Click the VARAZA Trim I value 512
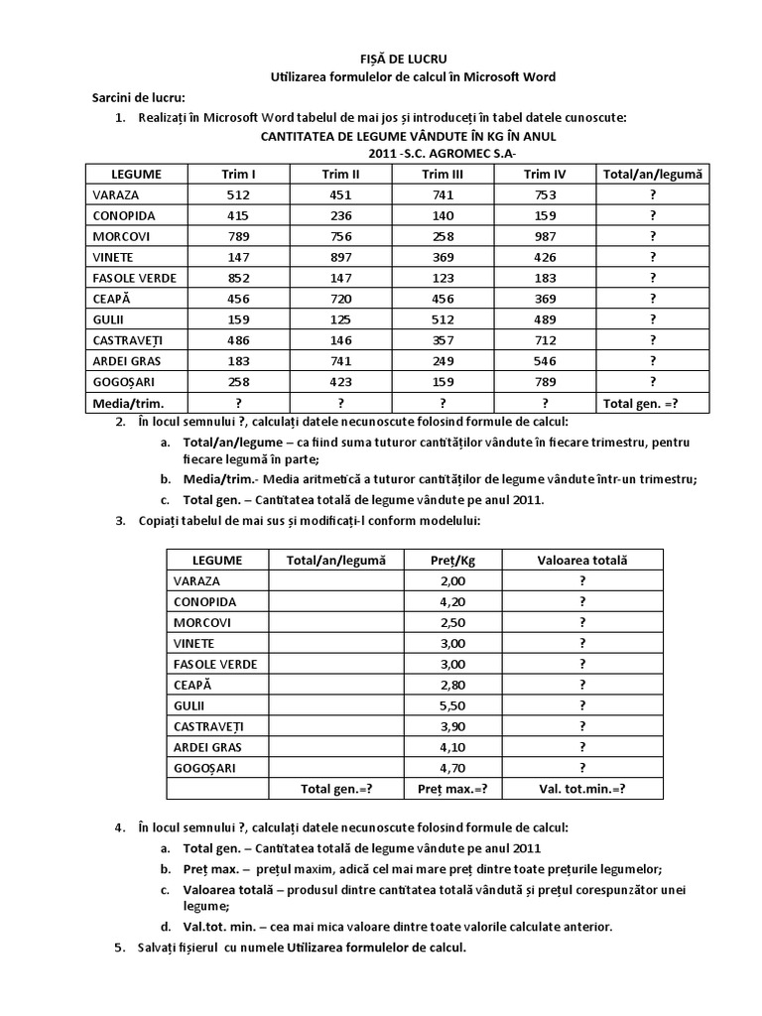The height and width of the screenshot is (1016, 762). click(x=238, y=194)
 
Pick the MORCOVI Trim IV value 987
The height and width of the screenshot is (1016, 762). click(x=544, y=236)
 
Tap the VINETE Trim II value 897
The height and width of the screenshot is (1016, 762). click(x=341, y=257)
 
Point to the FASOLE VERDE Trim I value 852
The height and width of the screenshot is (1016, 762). click(x=238, y=278)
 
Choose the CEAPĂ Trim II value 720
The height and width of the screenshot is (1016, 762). click(x=341, y=299)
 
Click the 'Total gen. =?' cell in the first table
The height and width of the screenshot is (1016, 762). click(x=653, y=403)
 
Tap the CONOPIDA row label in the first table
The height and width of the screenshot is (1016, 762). click(x=124, y=215)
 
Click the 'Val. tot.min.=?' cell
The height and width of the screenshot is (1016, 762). click(x=582, y=789)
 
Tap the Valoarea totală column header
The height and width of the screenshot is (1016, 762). click(x=582, y=561)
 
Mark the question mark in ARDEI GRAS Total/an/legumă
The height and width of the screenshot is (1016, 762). click(x=653, y=361)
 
